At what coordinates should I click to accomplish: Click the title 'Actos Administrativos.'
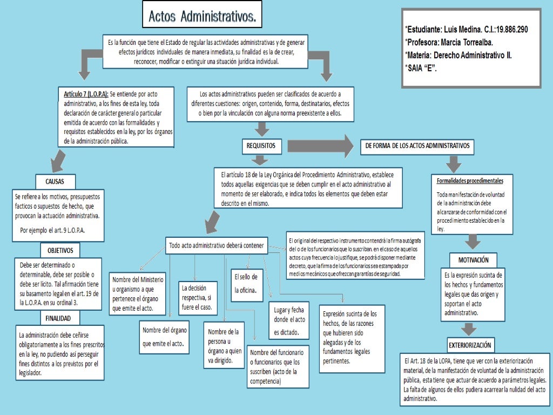coord(201,17)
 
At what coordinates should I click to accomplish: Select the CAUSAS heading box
coord(56,180)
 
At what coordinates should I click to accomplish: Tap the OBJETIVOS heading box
coord(60,250)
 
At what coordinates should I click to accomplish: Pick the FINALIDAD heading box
coord(61,318)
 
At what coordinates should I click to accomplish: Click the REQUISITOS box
coord(261,145)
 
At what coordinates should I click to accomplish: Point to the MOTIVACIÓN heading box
coord(473,259)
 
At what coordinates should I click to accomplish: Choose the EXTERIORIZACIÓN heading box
coord(470,344)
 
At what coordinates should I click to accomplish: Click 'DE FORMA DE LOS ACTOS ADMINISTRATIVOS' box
coord(417,146)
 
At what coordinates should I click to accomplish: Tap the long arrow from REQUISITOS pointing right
coord(319,145)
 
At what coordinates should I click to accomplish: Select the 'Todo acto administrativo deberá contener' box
coord(217,245)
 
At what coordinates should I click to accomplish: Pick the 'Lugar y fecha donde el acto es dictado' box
coord(289,319)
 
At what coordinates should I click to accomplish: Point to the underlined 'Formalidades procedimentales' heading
coord(469,180)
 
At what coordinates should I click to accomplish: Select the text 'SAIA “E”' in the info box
coord(422,68)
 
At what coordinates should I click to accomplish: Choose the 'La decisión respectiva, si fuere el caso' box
coord(198,298)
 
